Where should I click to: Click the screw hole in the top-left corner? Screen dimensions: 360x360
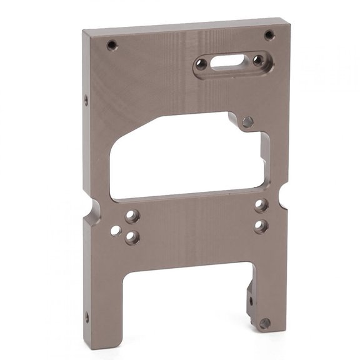point(112,45)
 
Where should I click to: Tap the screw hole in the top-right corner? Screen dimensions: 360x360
point(269,35)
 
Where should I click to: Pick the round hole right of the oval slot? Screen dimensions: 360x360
point(257,60)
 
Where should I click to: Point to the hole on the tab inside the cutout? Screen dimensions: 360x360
point(247,122)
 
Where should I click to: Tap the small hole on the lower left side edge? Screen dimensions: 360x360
point(86,317)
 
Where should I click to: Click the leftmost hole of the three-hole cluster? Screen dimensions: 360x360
point(116,231)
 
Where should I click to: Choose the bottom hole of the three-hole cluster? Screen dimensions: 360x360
point(132,237)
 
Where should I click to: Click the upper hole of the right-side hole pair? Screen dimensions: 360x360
point(261,206)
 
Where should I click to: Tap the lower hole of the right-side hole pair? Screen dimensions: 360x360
point(261,226)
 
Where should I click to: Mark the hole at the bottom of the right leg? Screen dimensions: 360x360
point(264,324)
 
